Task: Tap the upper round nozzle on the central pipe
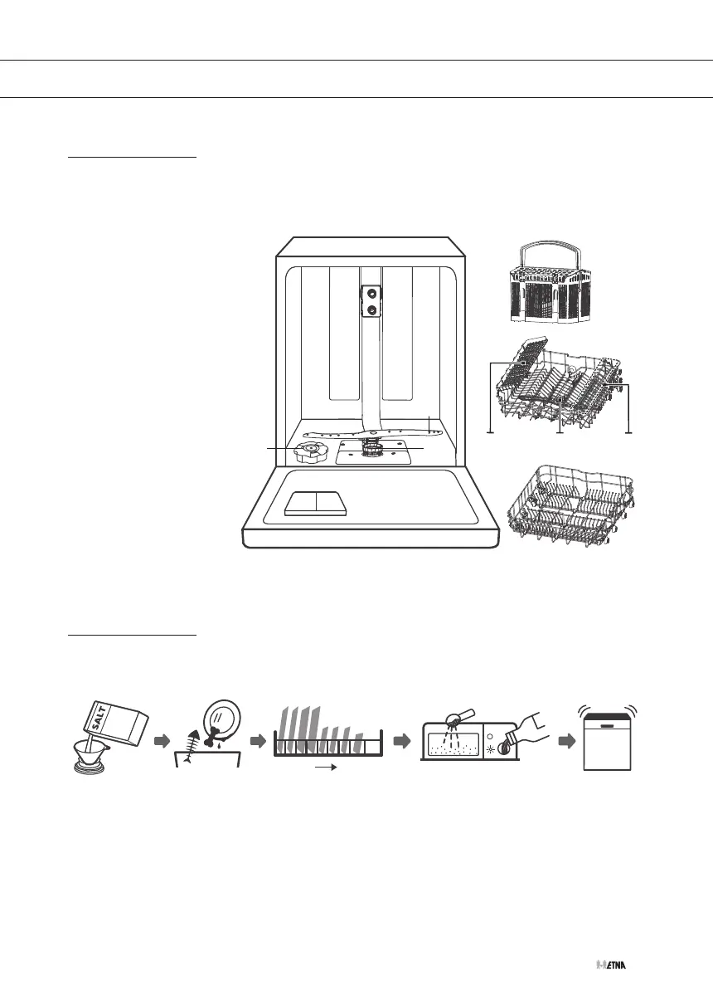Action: pyautogui.click(x=371, y=293)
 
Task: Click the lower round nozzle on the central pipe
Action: pyautogui.click(x=371, y=309)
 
